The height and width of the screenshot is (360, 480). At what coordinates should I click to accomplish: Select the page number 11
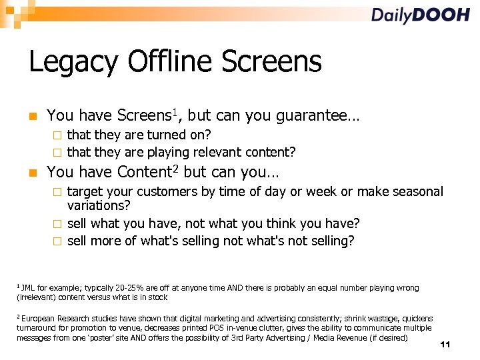click(446, 345)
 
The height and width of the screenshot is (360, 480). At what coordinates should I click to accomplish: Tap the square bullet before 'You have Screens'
click(32, 116)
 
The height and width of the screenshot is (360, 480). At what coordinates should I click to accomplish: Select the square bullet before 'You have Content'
click(32, 173)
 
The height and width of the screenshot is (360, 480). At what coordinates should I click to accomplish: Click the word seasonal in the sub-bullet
click(416, 192)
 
